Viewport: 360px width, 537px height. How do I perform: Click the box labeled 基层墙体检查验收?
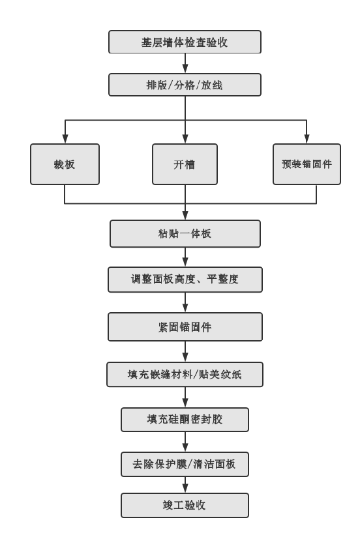click(x=185, y=42)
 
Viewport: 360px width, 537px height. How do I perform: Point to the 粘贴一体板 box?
click(x=185, y=233)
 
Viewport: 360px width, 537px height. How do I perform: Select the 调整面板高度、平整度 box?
click(x=185, y=280)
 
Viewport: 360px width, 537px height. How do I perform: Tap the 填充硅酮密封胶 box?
click(x=185, y=420)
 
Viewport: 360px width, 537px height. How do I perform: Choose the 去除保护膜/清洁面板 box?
click(x=185, y=465)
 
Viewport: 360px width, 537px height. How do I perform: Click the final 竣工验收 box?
click(x=185, y=504)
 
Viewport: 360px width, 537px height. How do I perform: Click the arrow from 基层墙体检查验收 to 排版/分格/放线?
click(x=185, y=63)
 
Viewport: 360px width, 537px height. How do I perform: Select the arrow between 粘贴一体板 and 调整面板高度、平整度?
click(x=185, y=257)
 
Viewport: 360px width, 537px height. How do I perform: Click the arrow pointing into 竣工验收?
click(x=185, y=485)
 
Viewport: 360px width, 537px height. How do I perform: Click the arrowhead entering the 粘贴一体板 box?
click(x=185, y=216)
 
